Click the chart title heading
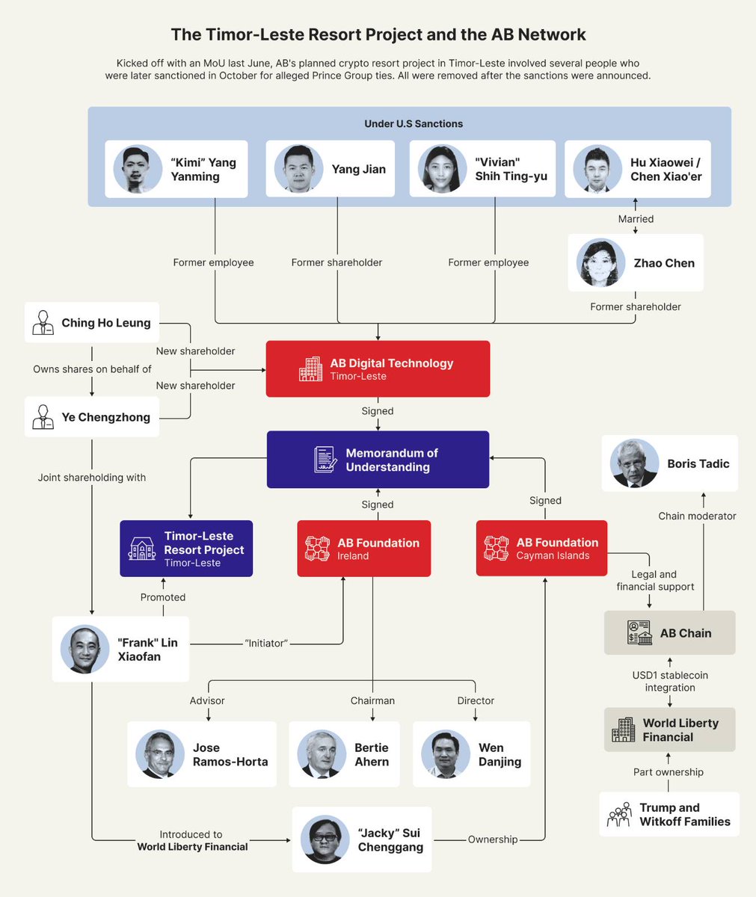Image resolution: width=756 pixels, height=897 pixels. point(378,34)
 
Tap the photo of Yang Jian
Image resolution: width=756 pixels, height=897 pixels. point(299,169)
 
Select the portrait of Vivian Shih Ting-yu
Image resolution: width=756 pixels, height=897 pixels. point(442,169)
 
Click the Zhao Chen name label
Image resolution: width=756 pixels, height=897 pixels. point(664,263)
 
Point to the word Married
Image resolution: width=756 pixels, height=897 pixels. point(636,219)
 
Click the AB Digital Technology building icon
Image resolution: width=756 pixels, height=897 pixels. point(310,369)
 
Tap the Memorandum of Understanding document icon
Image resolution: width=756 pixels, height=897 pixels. point(325,460)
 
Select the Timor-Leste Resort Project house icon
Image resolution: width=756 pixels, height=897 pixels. point(142,549)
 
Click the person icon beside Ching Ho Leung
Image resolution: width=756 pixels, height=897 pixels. point(43,323)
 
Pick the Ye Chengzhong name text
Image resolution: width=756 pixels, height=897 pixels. point(105,417)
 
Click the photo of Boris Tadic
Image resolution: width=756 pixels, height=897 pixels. point(634,463)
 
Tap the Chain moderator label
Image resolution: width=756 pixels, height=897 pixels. point(697,516)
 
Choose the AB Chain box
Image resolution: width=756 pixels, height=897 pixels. point(669,633)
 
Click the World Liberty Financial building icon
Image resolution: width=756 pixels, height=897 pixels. point(623,730)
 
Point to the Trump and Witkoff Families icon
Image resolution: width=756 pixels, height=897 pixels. point(619,815)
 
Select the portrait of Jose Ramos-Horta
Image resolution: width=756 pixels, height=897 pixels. point(160,753)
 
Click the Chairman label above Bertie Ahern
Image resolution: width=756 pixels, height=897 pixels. point(372,700)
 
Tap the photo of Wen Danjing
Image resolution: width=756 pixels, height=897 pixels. point(446,753)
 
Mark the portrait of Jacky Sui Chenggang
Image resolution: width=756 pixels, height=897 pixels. point(325,839)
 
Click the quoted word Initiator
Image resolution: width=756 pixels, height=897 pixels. point(266,643)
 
